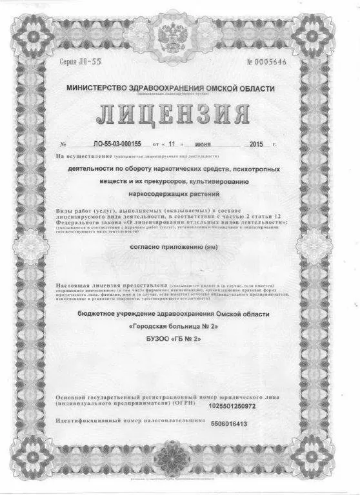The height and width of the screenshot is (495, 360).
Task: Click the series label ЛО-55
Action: pos(72,63)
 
